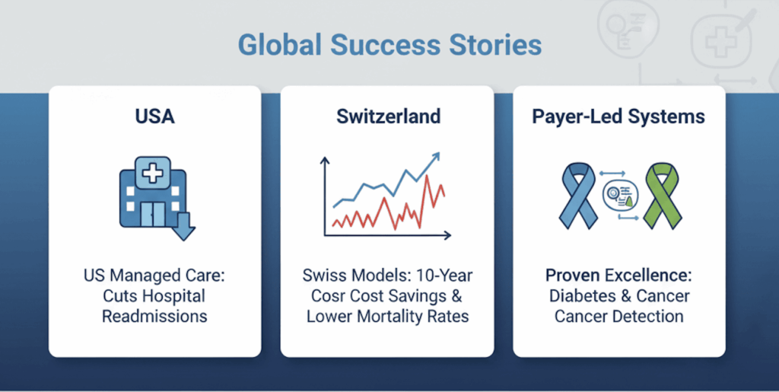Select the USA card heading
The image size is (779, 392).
pyautogui.click(x=154, y=116)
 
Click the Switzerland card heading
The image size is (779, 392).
pyautogui.click(x=388, y=116)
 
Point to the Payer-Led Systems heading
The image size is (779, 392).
pyautogui.click(x=618, y=116)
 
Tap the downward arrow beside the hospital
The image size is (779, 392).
pyautogui.click(x=186, y=225)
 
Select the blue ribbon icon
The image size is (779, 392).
pyautogui.click(x=577, y=196)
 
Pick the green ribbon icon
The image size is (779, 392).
pyautogui.click(x=662, y=196)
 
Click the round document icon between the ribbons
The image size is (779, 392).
pyautogui.click(x=619, y=196)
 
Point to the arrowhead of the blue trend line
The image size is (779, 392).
pyautogui.click(x=436, y=157)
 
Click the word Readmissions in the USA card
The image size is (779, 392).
pyautogui.click(x=154, y=317)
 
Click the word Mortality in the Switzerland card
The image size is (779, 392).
pyautogui.click(x=388, y=317)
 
